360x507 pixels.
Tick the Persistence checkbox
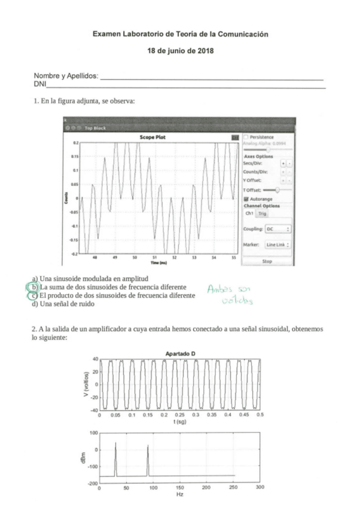coord(245,137)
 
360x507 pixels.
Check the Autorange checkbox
coord(246,199)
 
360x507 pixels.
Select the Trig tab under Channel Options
coord(263,213)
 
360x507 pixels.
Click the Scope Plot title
coord(152,137)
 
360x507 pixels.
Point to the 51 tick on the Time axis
coord(154,258)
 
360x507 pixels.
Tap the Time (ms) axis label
coord(158,262)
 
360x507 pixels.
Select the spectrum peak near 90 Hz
coord(148,447)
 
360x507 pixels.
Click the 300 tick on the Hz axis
coord(260,487)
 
